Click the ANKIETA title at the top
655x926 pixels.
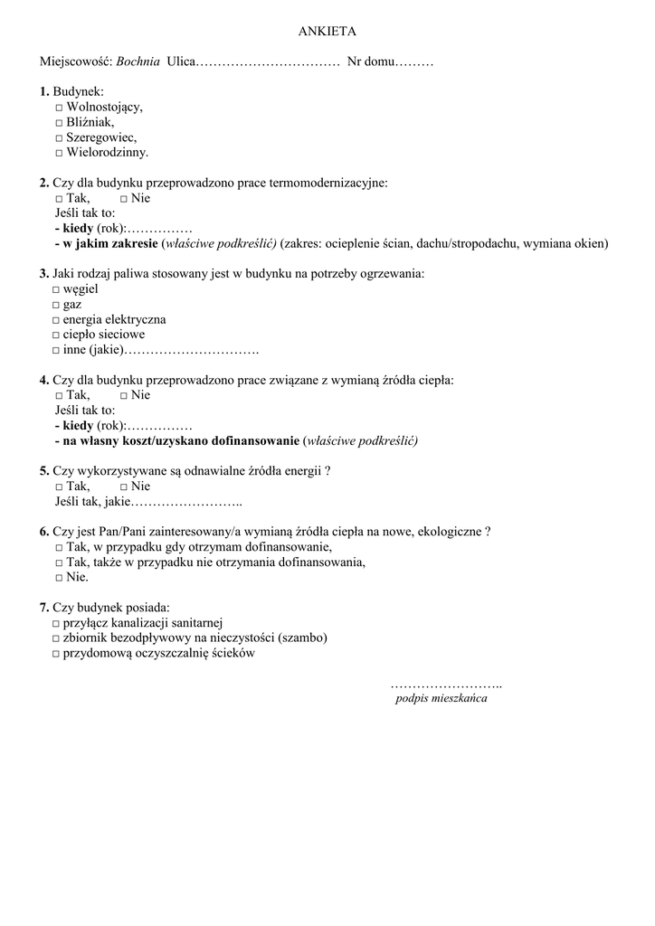(x=327, y=31)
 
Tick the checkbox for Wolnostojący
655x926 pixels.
(x=59, y=108)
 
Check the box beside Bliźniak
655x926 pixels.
(x=59, y=123)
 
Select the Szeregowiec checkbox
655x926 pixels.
(x=59, y=138)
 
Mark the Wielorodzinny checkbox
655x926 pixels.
(x=59, y=154)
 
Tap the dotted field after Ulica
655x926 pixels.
(x=267, y=62)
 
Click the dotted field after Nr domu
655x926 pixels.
(x=415, y=62)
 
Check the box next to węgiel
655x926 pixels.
(x=56, y=289)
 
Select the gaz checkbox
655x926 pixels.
(x=56, y=305)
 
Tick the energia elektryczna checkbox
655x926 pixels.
(x=56, y=320)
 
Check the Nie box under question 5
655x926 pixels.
(x=124, y=487)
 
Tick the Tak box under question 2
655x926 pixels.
(x=59, y=198)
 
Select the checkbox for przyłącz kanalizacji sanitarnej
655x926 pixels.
(x=56, y=623)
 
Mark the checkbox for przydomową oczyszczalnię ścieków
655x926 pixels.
(x=56, y=653)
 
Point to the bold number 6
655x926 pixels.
(x=43, y=532)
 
